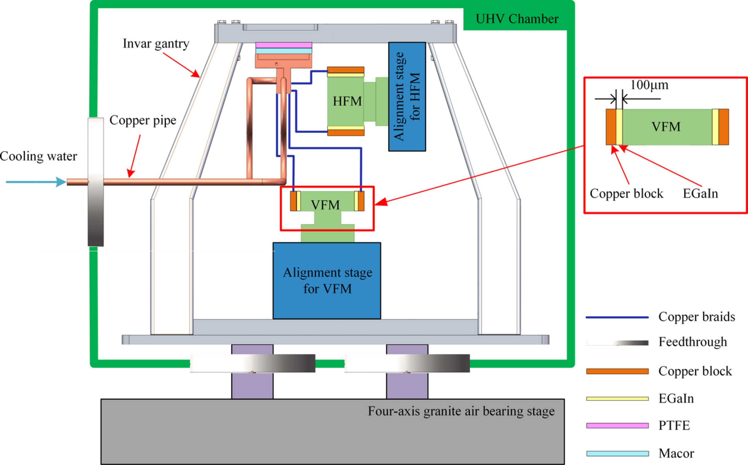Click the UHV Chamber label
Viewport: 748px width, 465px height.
click(x=517, y=19)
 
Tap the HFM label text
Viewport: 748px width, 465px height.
click(x=347, y=101)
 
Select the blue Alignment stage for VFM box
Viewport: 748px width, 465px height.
click(x=327, y=281)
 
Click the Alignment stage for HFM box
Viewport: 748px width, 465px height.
click(x=407, y=96)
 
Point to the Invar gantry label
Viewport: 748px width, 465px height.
click(x=156, y=44)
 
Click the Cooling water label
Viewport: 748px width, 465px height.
click(x=38, y=156)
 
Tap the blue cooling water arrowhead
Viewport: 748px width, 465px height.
click(x=61, y=182)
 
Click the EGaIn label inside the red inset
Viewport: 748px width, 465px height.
click(x=700, y=194)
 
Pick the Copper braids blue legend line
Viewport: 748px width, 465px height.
click(x=617, y=317)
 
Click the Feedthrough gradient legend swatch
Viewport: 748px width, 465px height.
click(x=617, y=343)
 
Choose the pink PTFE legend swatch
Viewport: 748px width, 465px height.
click(x=617, y=426)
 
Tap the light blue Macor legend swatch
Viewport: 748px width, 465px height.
click(x=617, y=454)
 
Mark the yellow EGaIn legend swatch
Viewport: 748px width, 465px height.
click(x=617, y=399)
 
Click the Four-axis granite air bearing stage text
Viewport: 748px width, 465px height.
click(x=461, y=411)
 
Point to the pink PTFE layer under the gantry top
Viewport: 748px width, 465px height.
click(x=283, y=45)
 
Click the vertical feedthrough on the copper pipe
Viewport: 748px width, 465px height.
click(x=96, y=182)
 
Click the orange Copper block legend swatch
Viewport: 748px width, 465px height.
click(x=617, y=371)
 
